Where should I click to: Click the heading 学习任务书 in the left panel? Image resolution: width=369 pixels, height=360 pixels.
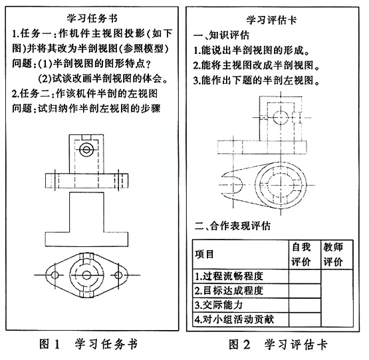pos(92,19)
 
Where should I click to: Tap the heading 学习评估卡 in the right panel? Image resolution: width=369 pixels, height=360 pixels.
pos(271,20)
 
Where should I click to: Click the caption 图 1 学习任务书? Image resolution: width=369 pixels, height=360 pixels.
pos(88,344)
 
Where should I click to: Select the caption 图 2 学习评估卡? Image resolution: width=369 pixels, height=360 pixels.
pos(278,345)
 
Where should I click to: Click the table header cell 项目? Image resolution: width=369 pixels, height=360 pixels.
pos(204,254)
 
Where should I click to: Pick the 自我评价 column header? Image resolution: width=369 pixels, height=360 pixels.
pos(301,254)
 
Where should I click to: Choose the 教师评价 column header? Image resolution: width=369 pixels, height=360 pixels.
pos(333,254)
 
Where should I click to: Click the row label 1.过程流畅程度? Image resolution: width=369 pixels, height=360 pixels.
pos(229,276)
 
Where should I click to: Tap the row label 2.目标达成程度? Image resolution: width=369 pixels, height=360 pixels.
pos(229,291)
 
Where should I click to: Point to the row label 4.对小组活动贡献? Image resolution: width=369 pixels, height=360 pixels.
pos(234,319)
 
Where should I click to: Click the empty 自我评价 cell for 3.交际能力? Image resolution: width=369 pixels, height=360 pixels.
pos(305,305)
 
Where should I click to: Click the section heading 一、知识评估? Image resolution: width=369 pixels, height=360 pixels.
pos(221,35)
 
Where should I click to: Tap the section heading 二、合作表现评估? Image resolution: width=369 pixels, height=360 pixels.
pos(233,226)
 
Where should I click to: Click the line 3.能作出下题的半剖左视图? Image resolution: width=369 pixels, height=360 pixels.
pos(257,81)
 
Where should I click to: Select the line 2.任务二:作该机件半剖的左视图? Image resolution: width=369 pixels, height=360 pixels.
pos(84,94)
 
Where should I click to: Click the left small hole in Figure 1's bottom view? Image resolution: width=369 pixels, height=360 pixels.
pos(55,275)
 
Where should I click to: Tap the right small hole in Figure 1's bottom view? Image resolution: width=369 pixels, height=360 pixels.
pos(118,275)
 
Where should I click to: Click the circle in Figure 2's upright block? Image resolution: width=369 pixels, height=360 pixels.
pos(281,117)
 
